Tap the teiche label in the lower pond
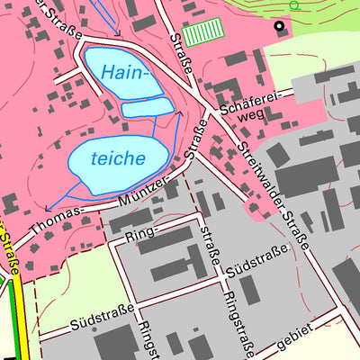pyautogui.click(x=118, y=158)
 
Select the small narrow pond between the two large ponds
pyautogui.click(x=147, y=109)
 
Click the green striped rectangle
pyautogui.click(x=202, y=33)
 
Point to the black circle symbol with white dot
pyautogui.click(x=279, y=26)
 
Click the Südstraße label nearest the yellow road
pyautogui.click(x=101, y=314)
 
